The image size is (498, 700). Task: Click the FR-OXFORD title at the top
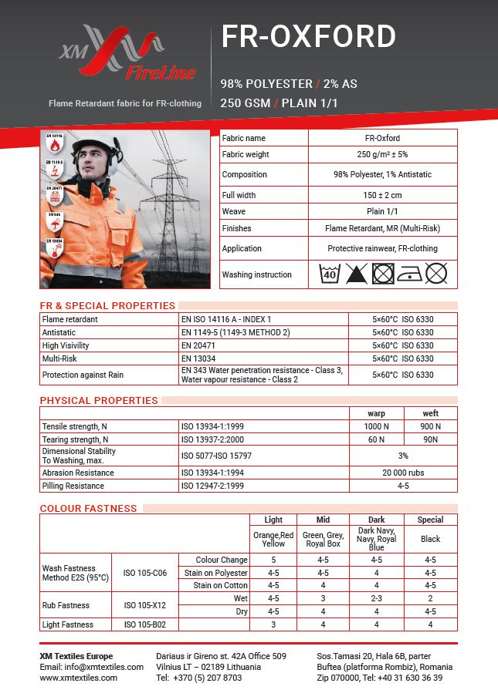(x=308, y=37)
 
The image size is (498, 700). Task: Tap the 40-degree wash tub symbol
(x=330, y=274)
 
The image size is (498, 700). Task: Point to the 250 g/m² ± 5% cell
(x=382, y=154)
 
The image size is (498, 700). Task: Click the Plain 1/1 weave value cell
(x=382, y=210)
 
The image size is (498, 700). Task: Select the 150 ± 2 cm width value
(x=382, y=195)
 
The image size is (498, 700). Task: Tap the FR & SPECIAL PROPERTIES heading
(x=107, y=305)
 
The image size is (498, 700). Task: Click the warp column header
(x=376, y=413)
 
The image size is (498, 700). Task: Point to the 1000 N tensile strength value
(x=376, y=426)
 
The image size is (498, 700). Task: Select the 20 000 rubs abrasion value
(x=403, y=473)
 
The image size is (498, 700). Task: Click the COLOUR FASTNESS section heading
(x=88, y=508)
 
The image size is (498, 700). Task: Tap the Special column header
(x=430, y=520)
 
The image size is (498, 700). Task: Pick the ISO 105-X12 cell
(x=144, y=605)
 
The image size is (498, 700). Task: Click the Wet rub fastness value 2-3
(x=376, y=598)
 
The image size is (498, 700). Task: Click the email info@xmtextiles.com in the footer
(x=107, y=667)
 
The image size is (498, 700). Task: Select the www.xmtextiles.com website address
(x=79, y=678)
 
